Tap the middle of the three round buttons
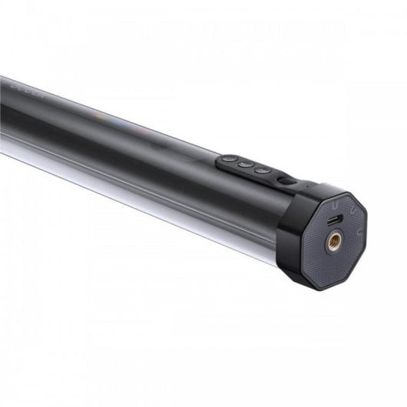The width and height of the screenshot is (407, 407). pyautogui.click(x=245, y=165)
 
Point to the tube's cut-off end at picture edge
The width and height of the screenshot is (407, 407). pyautogui.click(x=3, y=108)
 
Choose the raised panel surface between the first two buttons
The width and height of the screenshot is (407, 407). pyautogui.click(x=237, y=163)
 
